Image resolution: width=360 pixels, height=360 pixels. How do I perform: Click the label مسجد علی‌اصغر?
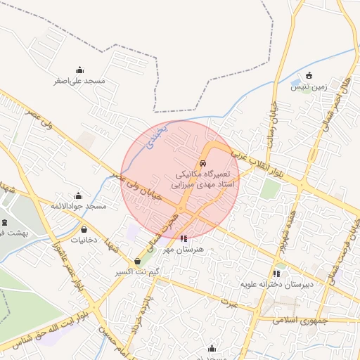[79, 81]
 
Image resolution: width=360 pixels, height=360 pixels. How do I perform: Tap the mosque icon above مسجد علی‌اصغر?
[79, 70]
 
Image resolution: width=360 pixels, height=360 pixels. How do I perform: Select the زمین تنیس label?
[309, 86]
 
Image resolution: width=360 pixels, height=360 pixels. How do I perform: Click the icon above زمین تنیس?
[309, 76]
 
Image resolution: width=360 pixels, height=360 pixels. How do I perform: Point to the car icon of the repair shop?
[204, 163]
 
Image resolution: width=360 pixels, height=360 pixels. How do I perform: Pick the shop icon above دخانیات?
[84, 229]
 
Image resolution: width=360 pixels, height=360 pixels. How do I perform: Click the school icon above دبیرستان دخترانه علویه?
[276, 274]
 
